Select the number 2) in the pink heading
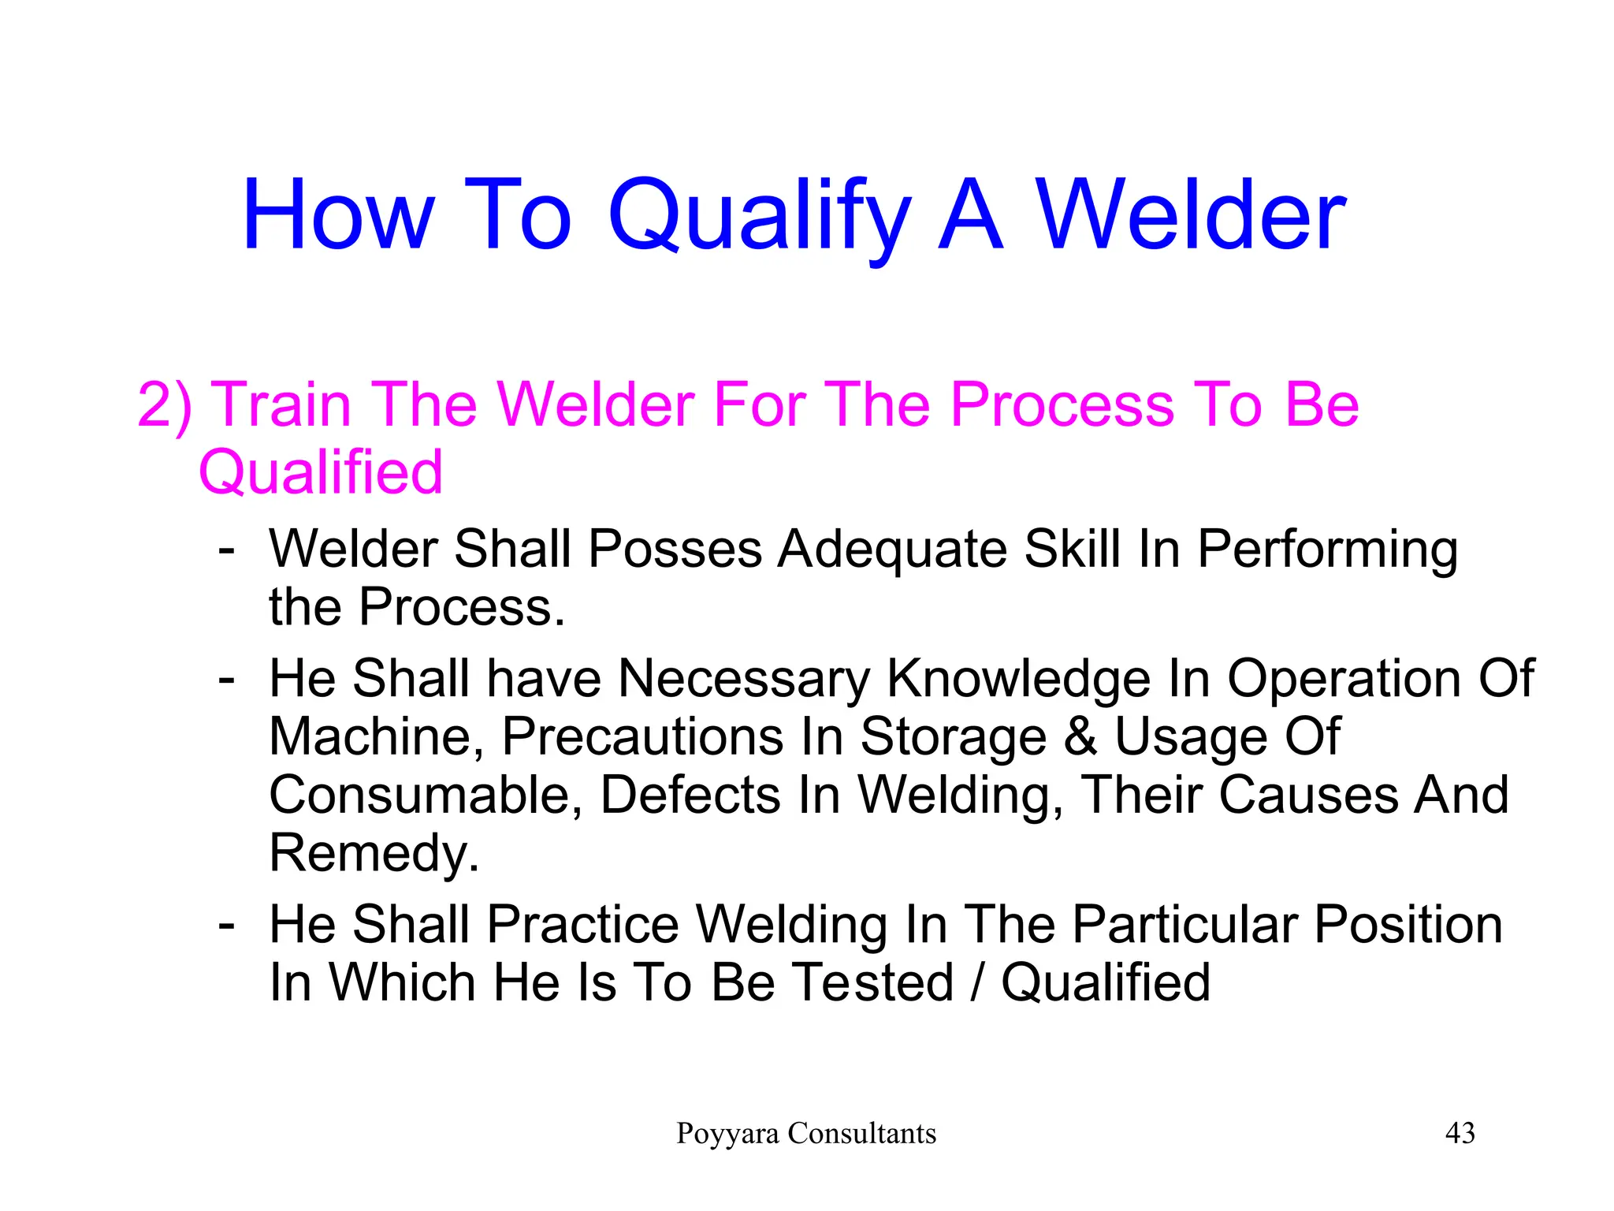pyautogui.click(x=164, y=404)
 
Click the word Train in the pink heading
pyautogui.click(x=282, y=404)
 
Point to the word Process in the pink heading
pyautogui.click(x=1062, y=404)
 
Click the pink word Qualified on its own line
pyautogui.click(x=320, y=472)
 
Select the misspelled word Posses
pyautogui.click(x=675, y=549)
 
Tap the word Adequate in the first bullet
pyautogui.click(x=892, y=550)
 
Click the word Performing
pyautogui.click(x=1327, y=550)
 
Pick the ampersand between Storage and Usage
pyautogui.click(x=1080, y=737)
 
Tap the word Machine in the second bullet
pyautogui.click(x=375, y=737)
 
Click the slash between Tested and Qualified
pyautogui.click(x=977, y=982)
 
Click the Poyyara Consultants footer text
pyautogui.click(x=806, y=1134)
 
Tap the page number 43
pyautogui.click(x=1460, y=1134)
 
